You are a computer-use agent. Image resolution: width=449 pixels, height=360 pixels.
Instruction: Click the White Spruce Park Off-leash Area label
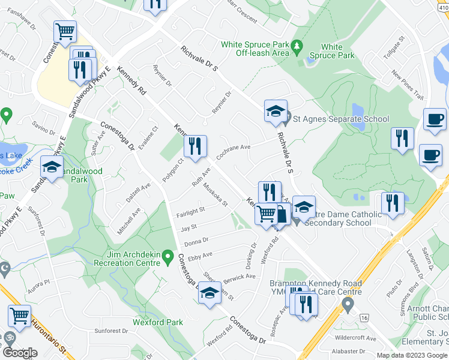(x=255, y=49)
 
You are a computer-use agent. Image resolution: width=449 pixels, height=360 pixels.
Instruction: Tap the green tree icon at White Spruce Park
(x=296, y=47)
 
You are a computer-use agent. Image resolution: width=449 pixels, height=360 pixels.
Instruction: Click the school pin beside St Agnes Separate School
(x=276, y=112)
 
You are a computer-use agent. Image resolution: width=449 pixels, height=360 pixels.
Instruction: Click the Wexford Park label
(x=158, y=322)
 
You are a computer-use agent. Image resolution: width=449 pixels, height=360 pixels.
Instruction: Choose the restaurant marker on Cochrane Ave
(x=195, y=148)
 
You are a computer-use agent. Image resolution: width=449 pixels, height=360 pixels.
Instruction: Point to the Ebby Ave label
(x=200, y=256)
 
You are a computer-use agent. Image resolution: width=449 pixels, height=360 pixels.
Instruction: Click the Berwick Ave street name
(x=240, y=277)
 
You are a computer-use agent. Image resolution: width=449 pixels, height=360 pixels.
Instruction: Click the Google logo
(x=20, y=352)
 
